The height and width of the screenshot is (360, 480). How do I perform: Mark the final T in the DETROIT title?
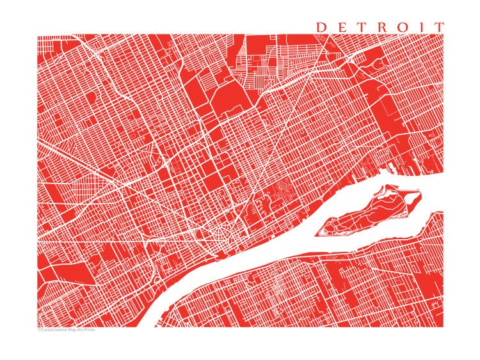pos(438,27)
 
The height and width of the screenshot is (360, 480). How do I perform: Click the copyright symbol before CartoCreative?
pos(39,330)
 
